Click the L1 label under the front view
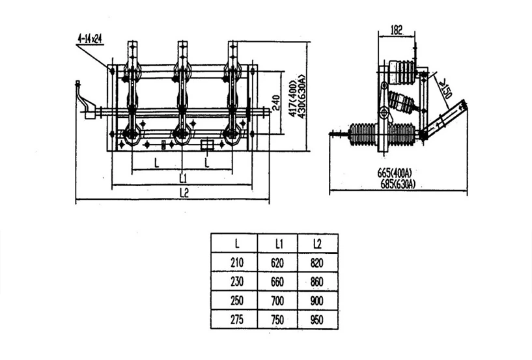tap(183, 178)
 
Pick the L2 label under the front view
tap(184, 193)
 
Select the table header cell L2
tap(317, 244)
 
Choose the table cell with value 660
tap(277, 282)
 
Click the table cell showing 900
tap(317, 301)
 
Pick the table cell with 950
tap(317, 320)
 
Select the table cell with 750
tap(277, 320)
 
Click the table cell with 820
tap(317, 262)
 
